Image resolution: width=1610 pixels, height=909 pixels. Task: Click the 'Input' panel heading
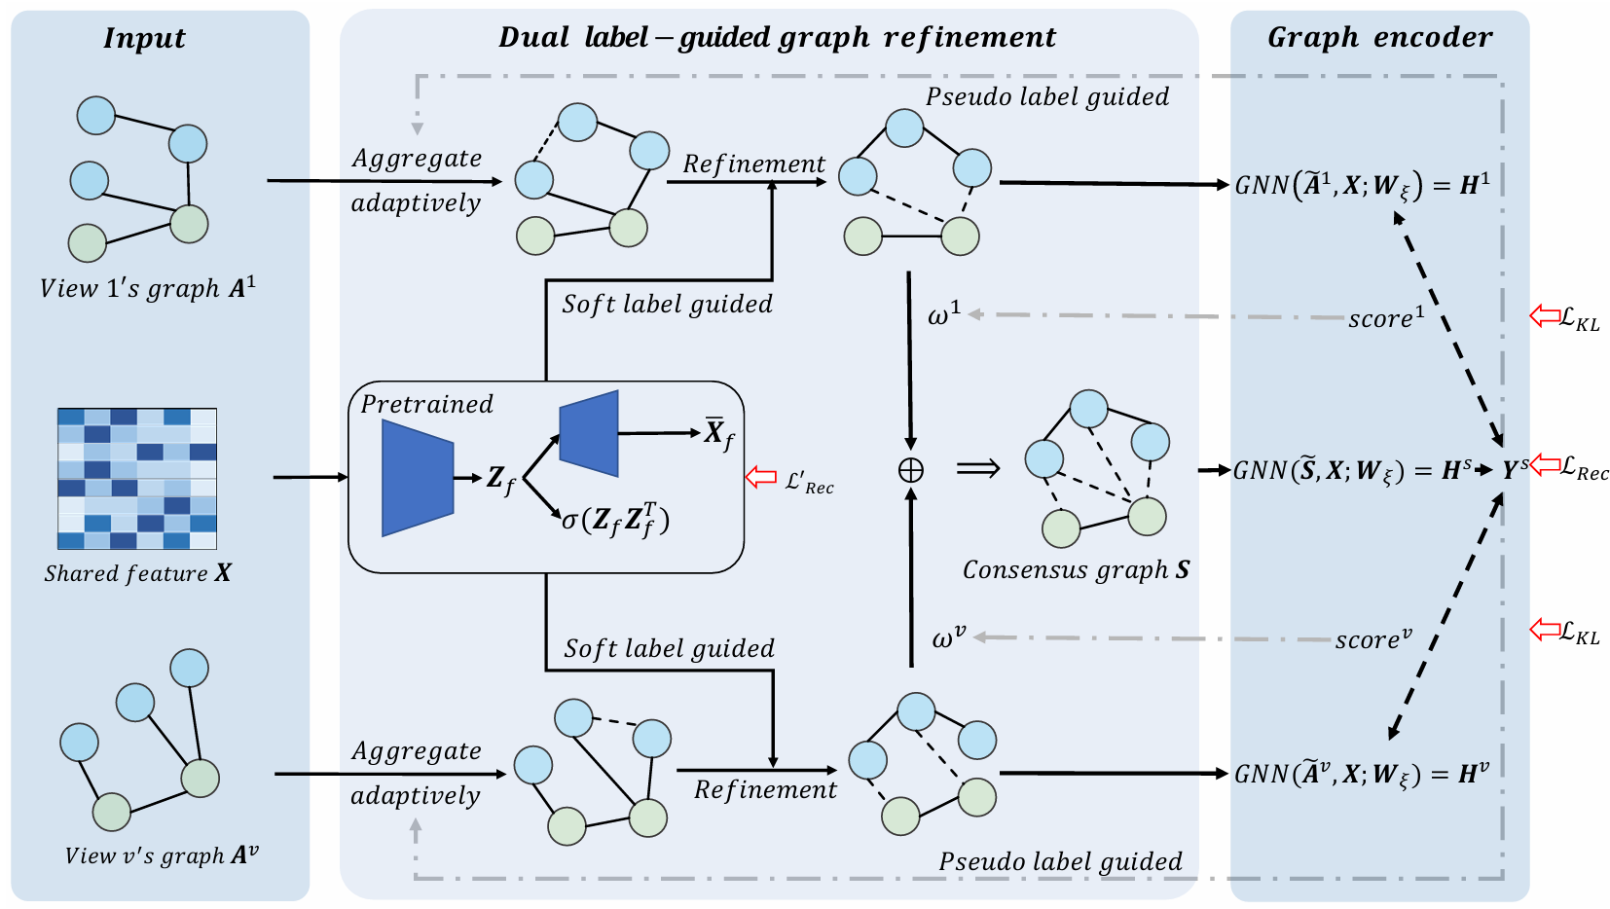click(x=144, y=38)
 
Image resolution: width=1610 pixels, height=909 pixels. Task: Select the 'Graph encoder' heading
click(x=1380, y=37)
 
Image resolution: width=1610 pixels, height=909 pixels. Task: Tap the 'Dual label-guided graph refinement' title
click(x=778, y=37)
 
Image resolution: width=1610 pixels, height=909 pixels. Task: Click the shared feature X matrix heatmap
click(x=137, y=479)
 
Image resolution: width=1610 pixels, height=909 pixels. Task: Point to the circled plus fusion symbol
click(x=911, y=470)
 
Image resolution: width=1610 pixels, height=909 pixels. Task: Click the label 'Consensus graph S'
click(x=1076, y=570)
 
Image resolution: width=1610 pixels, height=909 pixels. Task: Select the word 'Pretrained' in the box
click(x=427, y=404)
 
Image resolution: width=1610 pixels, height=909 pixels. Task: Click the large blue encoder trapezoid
click(x=418, y=478)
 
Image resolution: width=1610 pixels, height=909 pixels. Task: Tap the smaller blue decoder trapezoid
click(x=589, y=433)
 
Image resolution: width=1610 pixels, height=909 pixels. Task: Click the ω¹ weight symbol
click(x=944, y=314)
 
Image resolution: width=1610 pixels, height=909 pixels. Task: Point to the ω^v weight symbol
click(x=949, y=637)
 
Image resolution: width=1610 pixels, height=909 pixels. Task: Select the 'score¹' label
click(x=1386, y=317)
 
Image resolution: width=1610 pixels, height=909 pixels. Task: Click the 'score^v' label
click(x=1373, y=638)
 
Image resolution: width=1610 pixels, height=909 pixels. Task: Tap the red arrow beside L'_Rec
click(x=761, y=477)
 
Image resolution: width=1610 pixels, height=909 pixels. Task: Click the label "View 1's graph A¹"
click(x=147, y=288)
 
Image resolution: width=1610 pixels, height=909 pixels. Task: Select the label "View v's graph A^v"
click(x=161, y=855)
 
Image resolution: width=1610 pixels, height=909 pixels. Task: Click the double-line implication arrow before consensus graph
click(x=978, y=469)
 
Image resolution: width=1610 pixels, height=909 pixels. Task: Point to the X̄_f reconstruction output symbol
click(x=718, y=434)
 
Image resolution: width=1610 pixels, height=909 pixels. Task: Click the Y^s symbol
click(x=1515, y=470)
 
